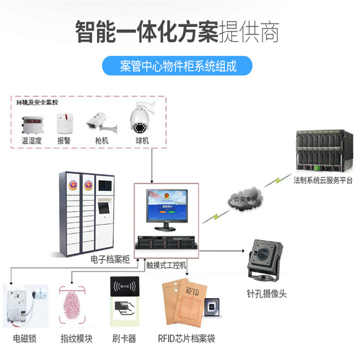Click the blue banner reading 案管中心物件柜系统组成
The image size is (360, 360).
tap(178, 65)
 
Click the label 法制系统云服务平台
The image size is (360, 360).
tap(323, 180)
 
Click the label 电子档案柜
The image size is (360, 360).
tap(110, 260)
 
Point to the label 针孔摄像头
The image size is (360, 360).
tap(266, 294)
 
